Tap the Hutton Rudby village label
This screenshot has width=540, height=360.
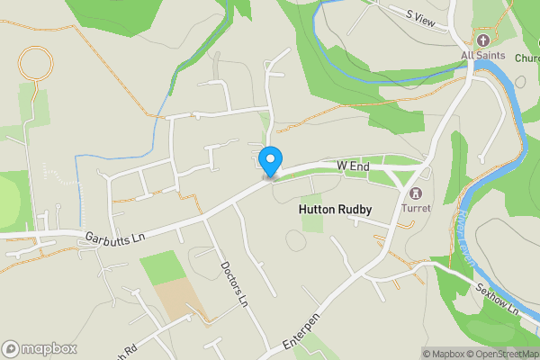(334, 209)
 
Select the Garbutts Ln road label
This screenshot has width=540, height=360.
(115, 238)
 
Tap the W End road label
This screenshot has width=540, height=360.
(354, 166)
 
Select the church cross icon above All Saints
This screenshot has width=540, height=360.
(482, 40)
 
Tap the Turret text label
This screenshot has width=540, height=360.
(417, 208)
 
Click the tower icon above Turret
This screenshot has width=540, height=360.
(416, 193)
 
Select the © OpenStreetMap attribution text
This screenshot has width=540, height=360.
(499, 354)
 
